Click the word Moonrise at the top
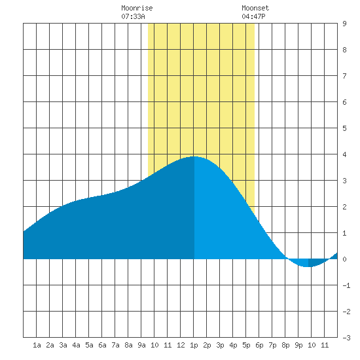tap(137, 8)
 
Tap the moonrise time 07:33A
tap(133, 16)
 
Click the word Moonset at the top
tap(255, 8)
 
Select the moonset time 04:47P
tap(253, 16)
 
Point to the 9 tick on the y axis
tap(344, 24)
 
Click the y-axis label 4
tap(344, 154)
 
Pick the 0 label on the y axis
tap(344, 259)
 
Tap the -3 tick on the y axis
tap(346, 338)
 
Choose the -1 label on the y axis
tap(346, 285)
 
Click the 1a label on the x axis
tap(37, 345)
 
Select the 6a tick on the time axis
tap(102, 345)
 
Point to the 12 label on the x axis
tap(181, 345)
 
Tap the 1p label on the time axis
tap(194, 345)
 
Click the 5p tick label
tap(246, 345)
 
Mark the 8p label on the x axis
tap(285, 345)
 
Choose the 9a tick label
tap(141, 345)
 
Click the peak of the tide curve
tap(194, 156)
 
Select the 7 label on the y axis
tap(344, 76)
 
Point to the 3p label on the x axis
tap(220, 345)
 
